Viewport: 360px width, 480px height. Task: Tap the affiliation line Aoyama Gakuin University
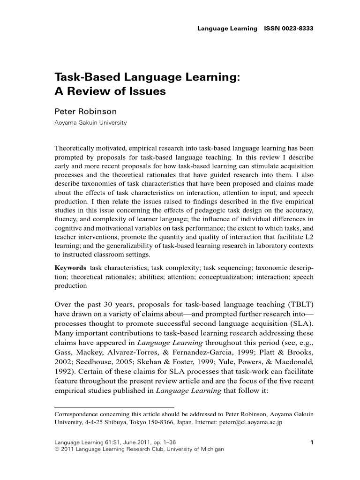click(x=90, y=123)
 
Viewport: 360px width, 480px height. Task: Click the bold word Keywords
click(x=70, y=268)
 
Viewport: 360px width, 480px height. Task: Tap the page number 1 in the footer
click(x=312, y=442)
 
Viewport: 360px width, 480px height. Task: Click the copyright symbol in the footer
click(x=57, y=449)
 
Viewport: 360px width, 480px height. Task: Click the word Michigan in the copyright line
click(x=212, y=449)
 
